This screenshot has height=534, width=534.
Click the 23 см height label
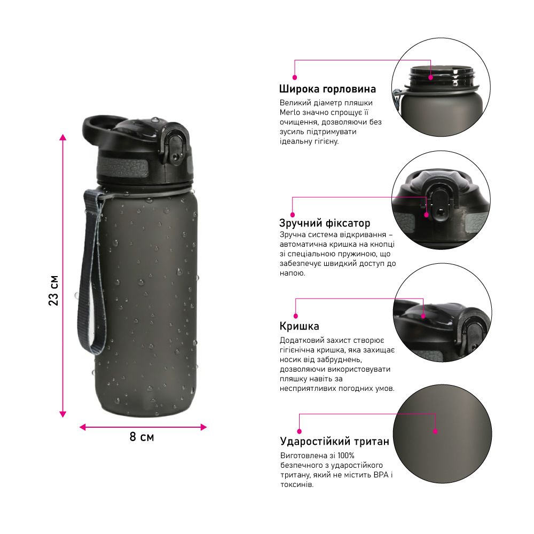coord(54,290)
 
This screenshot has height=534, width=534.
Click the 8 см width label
coord(142,437)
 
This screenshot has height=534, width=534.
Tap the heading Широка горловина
coord(327,89)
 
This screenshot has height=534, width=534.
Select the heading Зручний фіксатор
coord(325,223)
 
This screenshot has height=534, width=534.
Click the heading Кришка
coord(300,326)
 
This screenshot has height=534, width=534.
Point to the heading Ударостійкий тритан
coord(334,442)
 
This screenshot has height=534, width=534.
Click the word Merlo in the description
coord(290,112)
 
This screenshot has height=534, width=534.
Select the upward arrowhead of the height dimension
coord(62,137)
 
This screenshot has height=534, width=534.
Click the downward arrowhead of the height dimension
coord(62,414)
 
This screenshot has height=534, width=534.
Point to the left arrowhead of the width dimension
coord(82,427)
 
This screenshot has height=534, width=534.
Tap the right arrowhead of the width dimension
coord(203,427)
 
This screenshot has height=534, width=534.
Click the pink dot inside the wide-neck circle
coord(431,77)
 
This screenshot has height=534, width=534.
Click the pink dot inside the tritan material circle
coord(435,431)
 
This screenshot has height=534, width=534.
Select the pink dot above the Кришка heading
coord(296,316)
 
